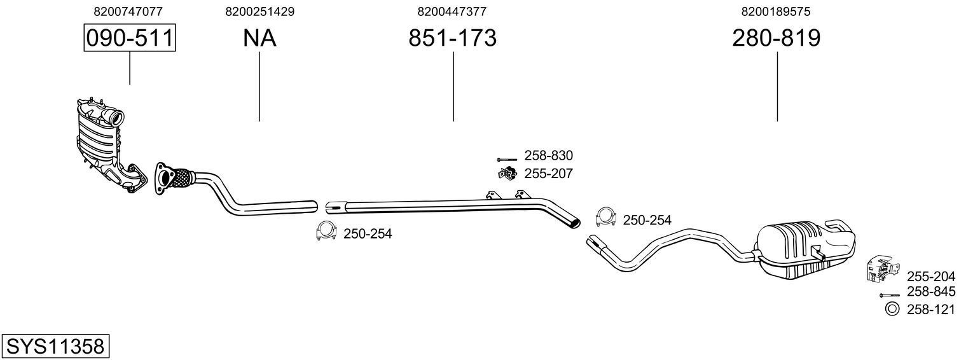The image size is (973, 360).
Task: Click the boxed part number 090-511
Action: click(130, 38)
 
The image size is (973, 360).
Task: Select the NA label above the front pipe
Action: click(259, 38)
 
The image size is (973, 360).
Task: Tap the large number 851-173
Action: click(452, 38)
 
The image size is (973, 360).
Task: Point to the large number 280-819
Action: click(776, 38)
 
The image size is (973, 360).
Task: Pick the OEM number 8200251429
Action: click(259, 11)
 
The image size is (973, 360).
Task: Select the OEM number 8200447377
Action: click(452, 11)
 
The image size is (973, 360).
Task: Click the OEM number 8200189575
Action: click(776, 11)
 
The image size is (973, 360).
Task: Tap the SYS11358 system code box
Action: click(55, 347)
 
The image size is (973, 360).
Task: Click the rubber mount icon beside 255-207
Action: click(507, 172)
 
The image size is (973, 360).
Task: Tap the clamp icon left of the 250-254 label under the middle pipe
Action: click(326, 232)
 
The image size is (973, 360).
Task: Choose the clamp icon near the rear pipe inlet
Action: click(606, 218)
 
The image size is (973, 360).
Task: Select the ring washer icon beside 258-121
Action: click(891, 309)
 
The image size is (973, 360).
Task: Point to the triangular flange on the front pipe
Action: click(165, 178)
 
